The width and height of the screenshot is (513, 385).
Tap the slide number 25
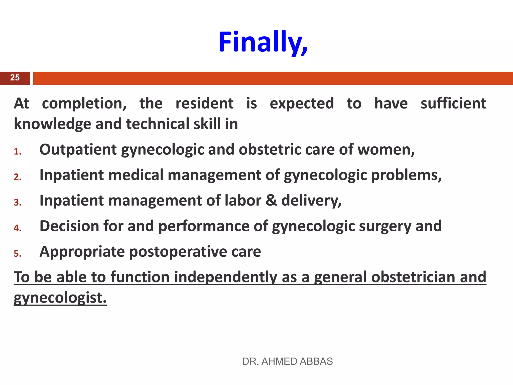tap(15, 78)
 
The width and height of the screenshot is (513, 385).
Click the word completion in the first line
tap(84, 104)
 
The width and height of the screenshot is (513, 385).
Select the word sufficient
tap(453, 104)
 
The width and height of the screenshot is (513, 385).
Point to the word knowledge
tap(52, 124)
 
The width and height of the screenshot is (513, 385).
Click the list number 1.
tap(18, 152)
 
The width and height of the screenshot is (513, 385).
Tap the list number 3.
tap(18, 203)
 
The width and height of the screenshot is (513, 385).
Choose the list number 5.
tap(18, 254)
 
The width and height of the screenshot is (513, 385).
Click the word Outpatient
tap(78, 150)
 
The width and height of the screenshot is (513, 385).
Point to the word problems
tap(406, 175)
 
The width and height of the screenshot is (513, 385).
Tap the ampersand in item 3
tap(271, 201)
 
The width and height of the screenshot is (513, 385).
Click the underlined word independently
tap(226, 277)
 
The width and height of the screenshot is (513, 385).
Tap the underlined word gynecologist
tap(60, 298)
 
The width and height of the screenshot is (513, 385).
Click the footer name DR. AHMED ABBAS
tap(287, 361)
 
